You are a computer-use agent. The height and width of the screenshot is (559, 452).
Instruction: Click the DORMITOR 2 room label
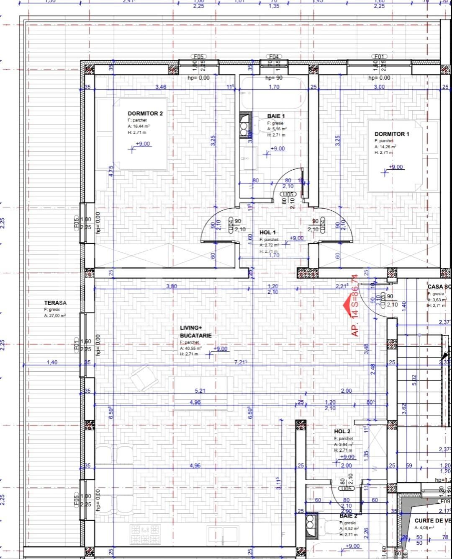click(x=145, y=114)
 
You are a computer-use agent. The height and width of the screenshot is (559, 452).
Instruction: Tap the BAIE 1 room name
click(x=276, y=116)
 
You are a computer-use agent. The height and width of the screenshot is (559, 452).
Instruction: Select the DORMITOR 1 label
click(x=392, y=134)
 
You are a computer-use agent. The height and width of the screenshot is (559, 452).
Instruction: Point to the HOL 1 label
click(x=267, y=232)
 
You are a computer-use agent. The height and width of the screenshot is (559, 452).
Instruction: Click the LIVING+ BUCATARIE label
click(x=195, y=332)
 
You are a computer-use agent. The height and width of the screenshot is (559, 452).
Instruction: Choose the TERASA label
click(x=55, y=303)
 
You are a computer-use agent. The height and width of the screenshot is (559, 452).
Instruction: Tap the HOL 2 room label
click(x=342, y=431)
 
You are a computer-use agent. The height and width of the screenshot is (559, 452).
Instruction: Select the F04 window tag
click(x=274, y=57)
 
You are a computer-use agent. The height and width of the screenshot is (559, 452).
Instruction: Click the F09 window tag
click(x=445, y=501)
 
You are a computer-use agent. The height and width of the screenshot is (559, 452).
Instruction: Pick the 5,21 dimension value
click(x=200, y=391)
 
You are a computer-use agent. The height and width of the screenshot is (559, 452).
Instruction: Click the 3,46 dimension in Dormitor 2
click(x=160, y=87)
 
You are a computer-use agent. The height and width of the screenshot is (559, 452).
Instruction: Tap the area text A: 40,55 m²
click(x=191, y=348)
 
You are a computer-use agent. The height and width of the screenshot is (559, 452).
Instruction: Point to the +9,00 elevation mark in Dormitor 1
click(x=395, y=167)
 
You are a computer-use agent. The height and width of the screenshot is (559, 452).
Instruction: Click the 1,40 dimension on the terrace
click(x=52, y=362)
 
